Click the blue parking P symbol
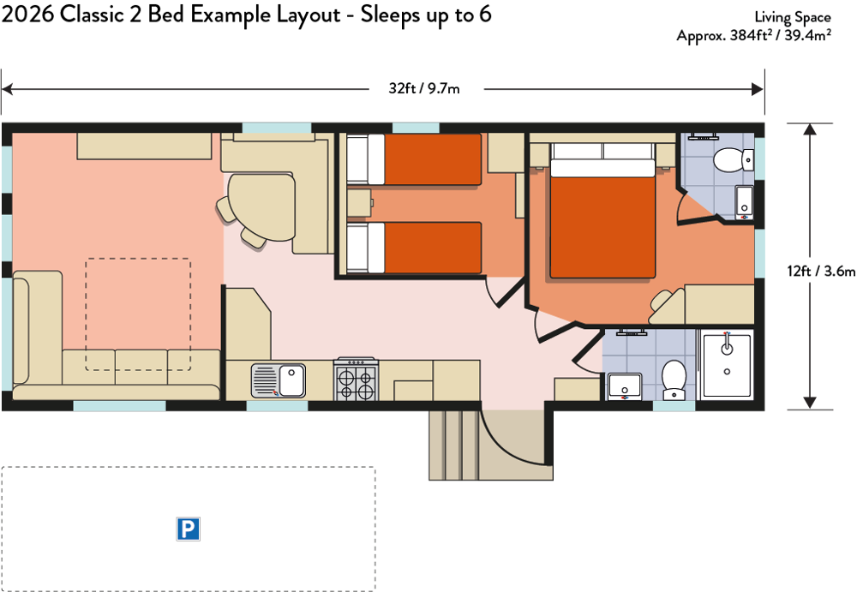[188, 529]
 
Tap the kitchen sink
[279, 380]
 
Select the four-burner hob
[356, 380]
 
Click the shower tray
[727, 365]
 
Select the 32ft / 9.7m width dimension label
[424, 88]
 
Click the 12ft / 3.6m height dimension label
[821, 271]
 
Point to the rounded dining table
[261, 206]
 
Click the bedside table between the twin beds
[359, 203]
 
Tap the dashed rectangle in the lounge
[138, 314]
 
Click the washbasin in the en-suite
[745, 202]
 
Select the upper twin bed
[414, 159]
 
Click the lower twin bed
[414, 248]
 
